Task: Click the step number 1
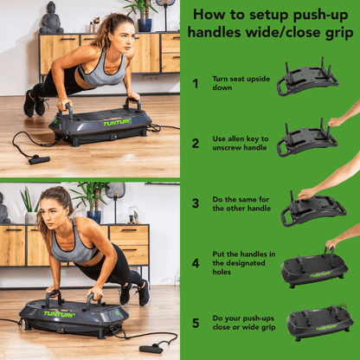point(195,84)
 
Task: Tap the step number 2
point(195,143)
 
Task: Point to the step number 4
point(195,262)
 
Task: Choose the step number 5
point(195,322)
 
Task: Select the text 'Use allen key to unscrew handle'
point(239,143)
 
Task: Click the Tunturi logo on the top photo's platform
point(117,123)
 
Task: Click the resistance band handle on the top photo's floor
point(38,159)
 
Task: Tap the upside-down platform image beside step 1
point(307,80)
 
